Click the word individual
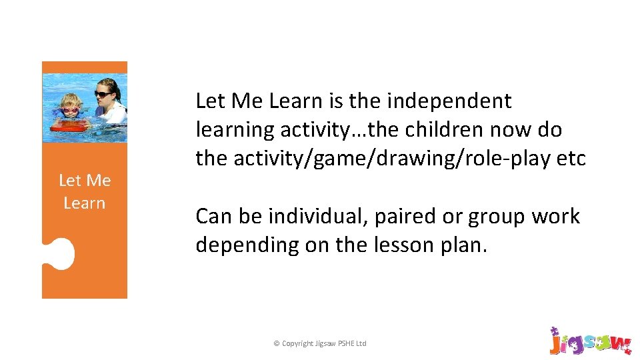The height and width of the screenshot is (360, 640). (318, 216)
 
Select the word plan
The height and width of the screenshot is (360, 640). (463, 245)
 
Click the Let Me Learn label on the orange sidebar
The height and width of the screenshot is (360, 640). (85, 191)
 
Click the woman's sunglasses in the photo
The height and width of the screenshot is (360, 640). (105, 95)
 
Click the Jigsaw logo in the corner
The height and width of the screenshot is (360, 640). (589, 341)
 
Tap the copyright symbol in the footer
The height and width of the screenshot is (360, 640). (277, 343)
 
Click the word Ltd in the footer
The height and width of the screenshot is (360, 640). (360, 343)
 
